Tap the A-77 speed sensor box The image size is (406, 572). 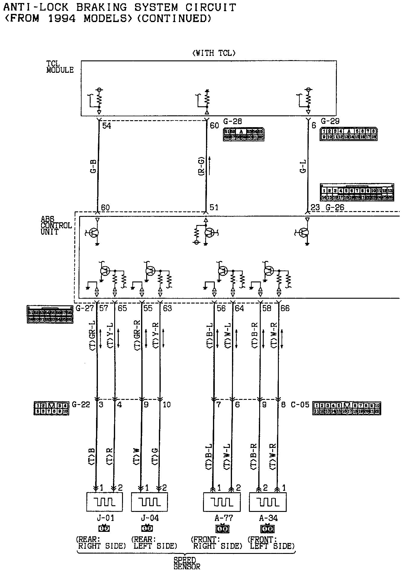click(222, 502)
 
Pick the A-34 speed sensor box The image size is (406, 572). click(268, 502)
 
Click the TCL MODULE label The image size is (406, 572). click(60, 67)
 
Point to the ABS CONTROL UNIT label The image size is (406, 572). click(56, 225)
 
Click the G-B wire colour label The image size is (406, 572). click(93, 166)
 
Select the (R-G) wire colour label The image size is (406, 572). click(201, 166)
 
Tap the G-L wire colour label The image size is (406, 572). click(303, 166)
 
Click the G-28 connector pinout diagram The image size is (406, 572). click(243, 134)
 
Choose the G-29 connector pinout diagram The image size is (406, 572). click(348, 134)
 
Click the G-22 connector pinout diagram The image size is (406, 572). click(51, 408)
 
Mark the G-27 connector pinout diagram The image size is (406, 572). click(50, 315)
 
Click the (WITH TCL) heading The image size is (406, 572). click(214, 53)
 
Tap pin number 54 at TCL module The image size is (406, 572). click(107, 126)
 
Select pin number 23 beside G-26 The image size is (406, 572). click(315, 207)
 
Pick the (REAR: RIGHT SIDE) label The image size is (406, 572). click(101, 543)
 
